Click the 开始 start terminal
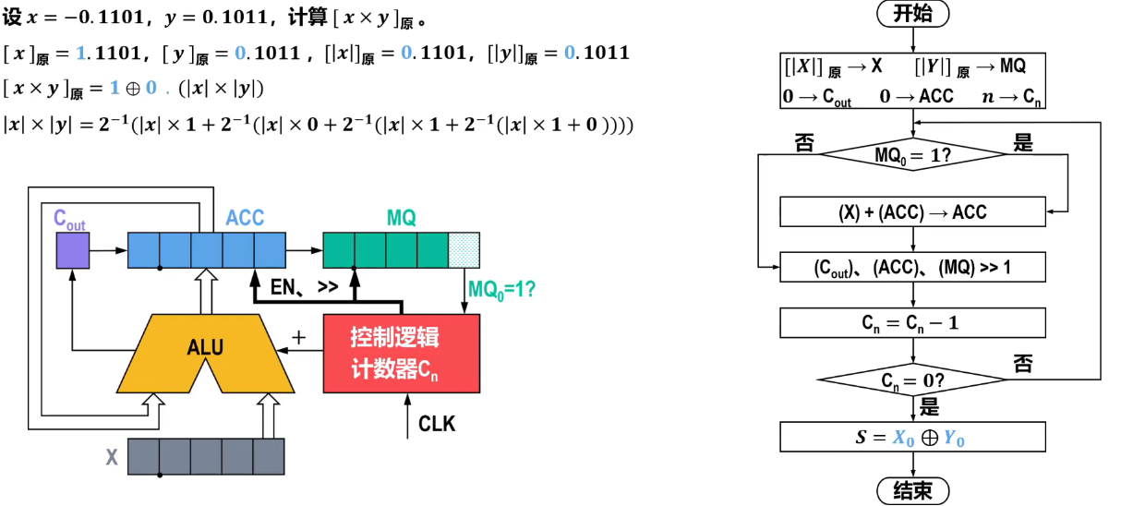(913, 14)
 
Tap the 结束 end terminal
(913, 490)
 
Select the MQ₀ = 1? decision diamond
(913, 154)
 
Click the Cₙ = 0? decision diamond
(913, 379)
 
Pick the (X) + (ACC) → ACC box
(913, 211)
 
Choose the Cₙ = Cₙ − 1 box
(913, 323)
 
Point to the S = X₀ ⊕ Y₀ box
(913, 437)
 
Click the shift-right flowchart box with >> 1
(913, 267)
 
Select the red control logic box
(402, 354)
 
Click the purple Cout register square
(73, 250)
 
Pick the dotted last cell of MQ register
(464, 249)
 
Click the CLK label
(437, 424)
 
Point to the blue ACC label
(245, 218)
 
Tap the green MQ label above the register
(402, 218)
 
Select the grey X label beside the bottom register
(112, 457)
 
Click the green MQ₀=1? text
(501, 290)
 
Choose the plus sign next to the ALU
(299, 337)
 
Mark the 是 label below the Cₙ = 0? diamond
(929, 406)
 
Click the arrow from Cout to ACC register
(108, 250)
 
